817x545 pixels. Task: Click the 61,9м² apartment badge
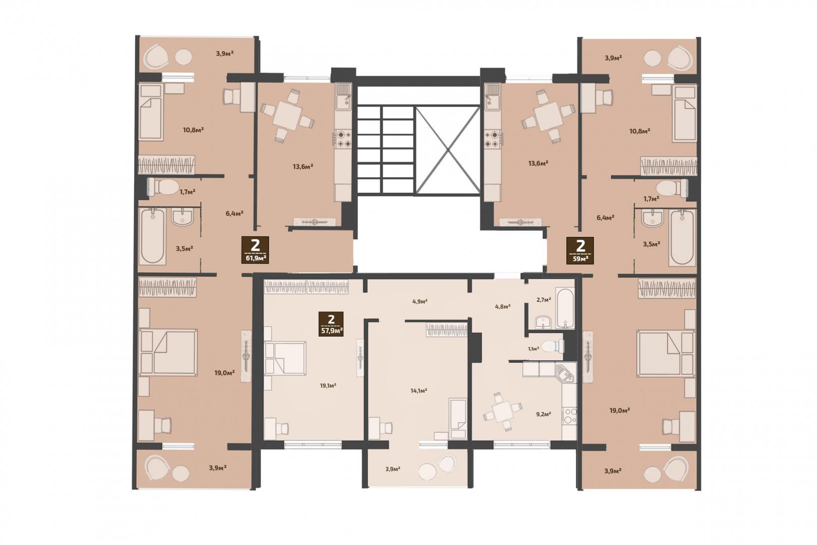click(x=255, y=250)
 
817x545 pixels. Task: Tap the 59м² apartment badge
click(x=580, y=250)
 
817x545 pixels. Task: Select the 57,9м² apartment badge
click(x=331, y=324)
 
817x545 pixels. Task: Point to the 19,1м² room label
click(x=328, y=386)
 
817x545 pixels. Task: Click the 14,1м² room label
click(x=419, y=391)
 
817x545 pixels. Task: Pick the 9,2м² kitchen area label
click(x=544, y=414)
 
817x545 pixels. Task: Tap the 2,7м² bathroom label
click(x=544, y=300)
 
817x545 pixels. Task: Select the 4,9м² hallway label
click(x=420, y=302)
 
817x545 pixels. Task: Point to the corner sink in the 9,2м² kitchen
click(x=564, y=373)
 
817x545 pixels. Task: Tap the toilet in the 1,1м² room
click(x=553, y=346)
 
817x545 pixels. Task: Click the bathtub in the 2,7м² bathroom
click(x=565, y=308)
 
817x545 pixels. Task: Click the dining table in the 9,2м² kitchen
click(x=502, y=412)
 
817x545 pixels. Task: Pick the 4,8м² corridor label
click(x=502, y=307)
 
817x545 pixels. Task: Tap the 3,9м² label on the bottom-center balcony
click(x=393, y=469)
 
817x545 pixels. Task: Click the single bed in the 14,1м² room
click(x=458, y=418)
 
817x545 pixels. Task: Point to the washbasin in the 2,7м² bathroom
click(x=543, y=322)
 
